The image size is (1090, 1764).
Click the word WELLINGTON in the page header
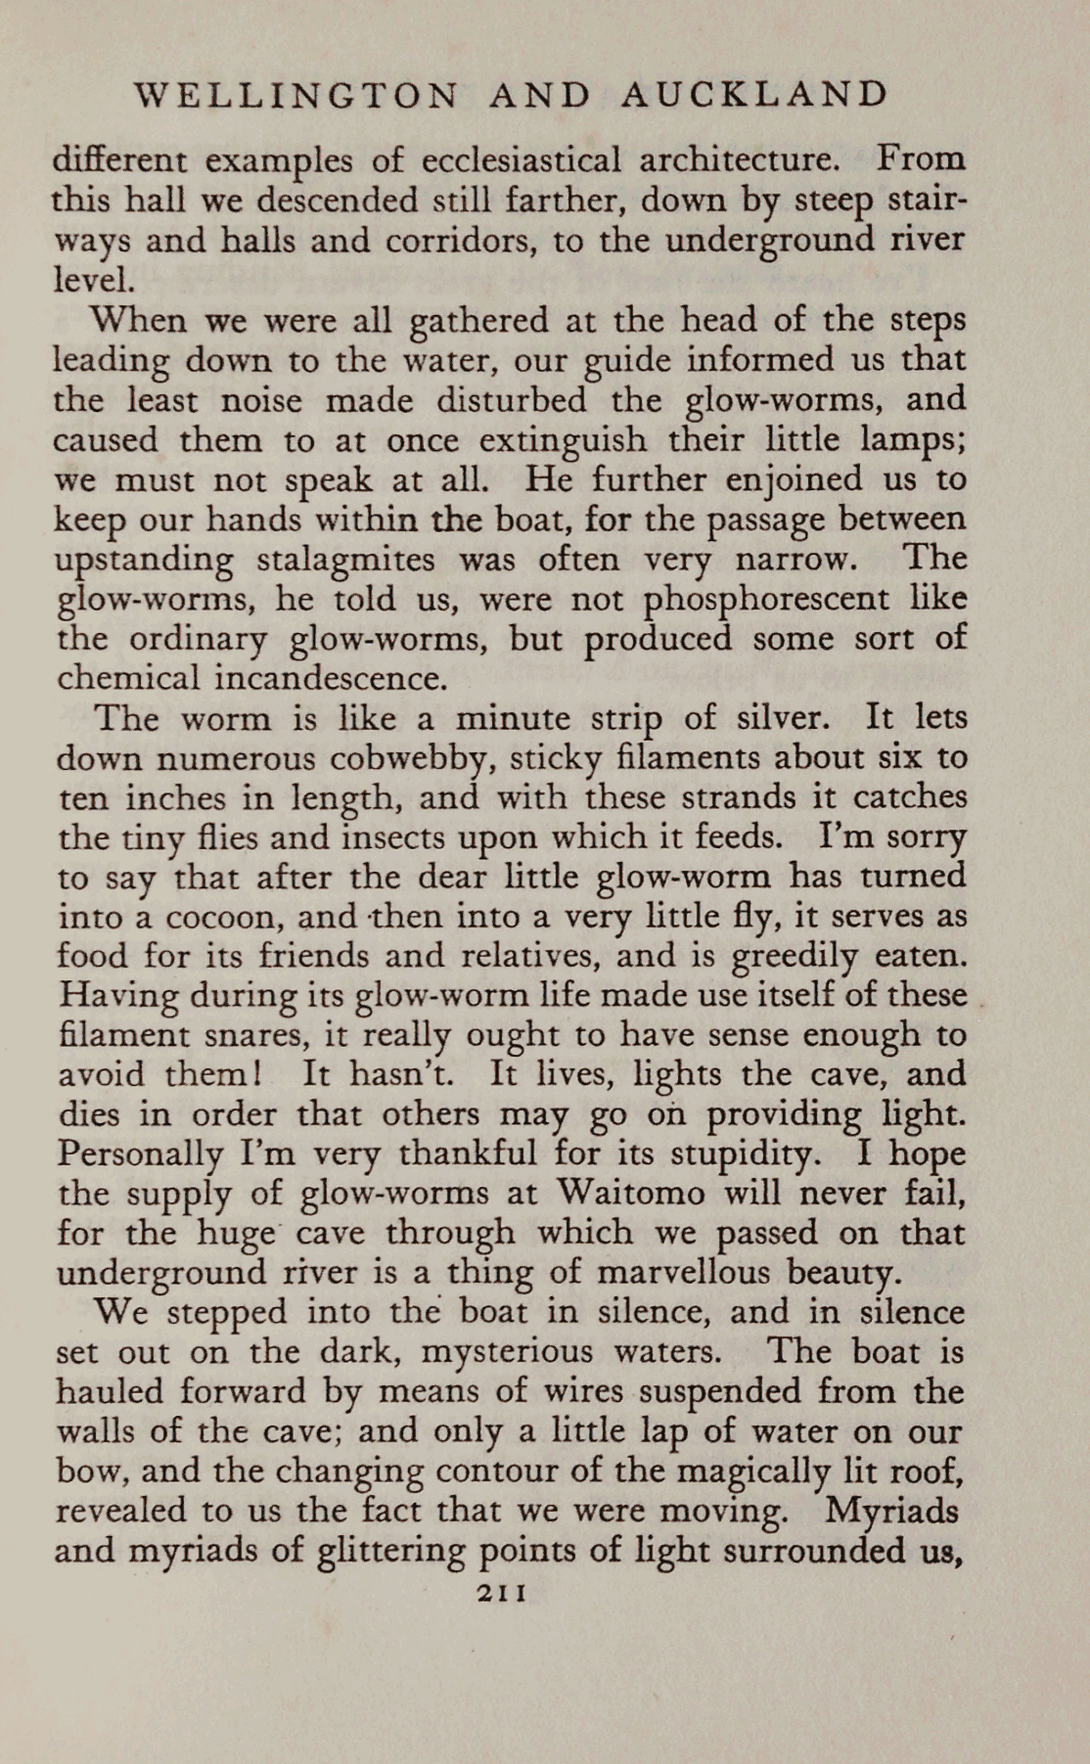(295, 95)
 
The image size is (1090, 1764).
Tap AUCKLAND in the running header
(754, 95)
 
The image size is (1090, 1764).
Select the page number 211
(502, 1592)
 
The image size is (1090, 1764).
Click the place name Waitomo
(631, 1194)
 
